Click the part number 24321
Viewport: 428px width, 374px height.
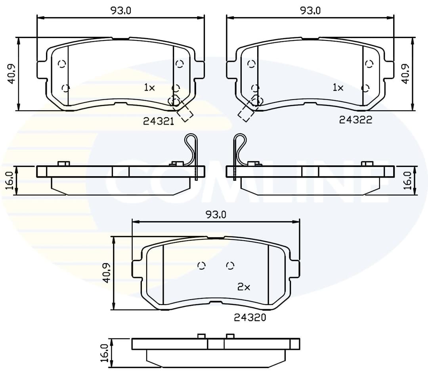pos(159,122)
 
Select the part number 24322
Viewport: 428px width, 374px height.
pos(355,120)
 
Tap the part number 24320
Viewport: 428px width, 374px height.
pos(250,317)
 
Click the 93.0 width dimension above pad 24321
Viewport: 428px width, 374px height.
pos(120,11)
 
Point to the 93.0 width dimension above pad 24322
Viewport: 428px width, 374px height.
pos(310,11)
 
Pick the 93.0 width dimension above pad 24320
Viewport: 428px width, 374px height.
pos(216,215)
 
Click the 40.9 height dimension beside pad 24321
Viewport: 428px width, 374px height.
pos(11,74)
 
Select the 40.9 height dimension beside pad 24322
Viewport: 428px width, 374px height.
pos(405,74)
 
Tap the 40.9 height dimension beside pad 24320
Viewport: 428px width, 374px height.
pos(106,273)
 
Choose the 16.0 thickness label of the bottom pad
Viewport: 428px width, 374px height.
pos(105,353)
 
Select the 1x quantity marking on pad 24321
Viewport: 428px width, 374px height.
pos(149,88)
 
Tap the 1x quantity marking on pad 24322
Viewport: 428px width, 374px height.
pos(338,88)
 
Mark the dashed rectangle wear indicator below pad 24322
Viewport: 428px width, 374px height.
pos(246,113)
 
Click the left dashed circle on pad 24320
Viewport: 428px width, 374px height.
pos(202,266)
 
